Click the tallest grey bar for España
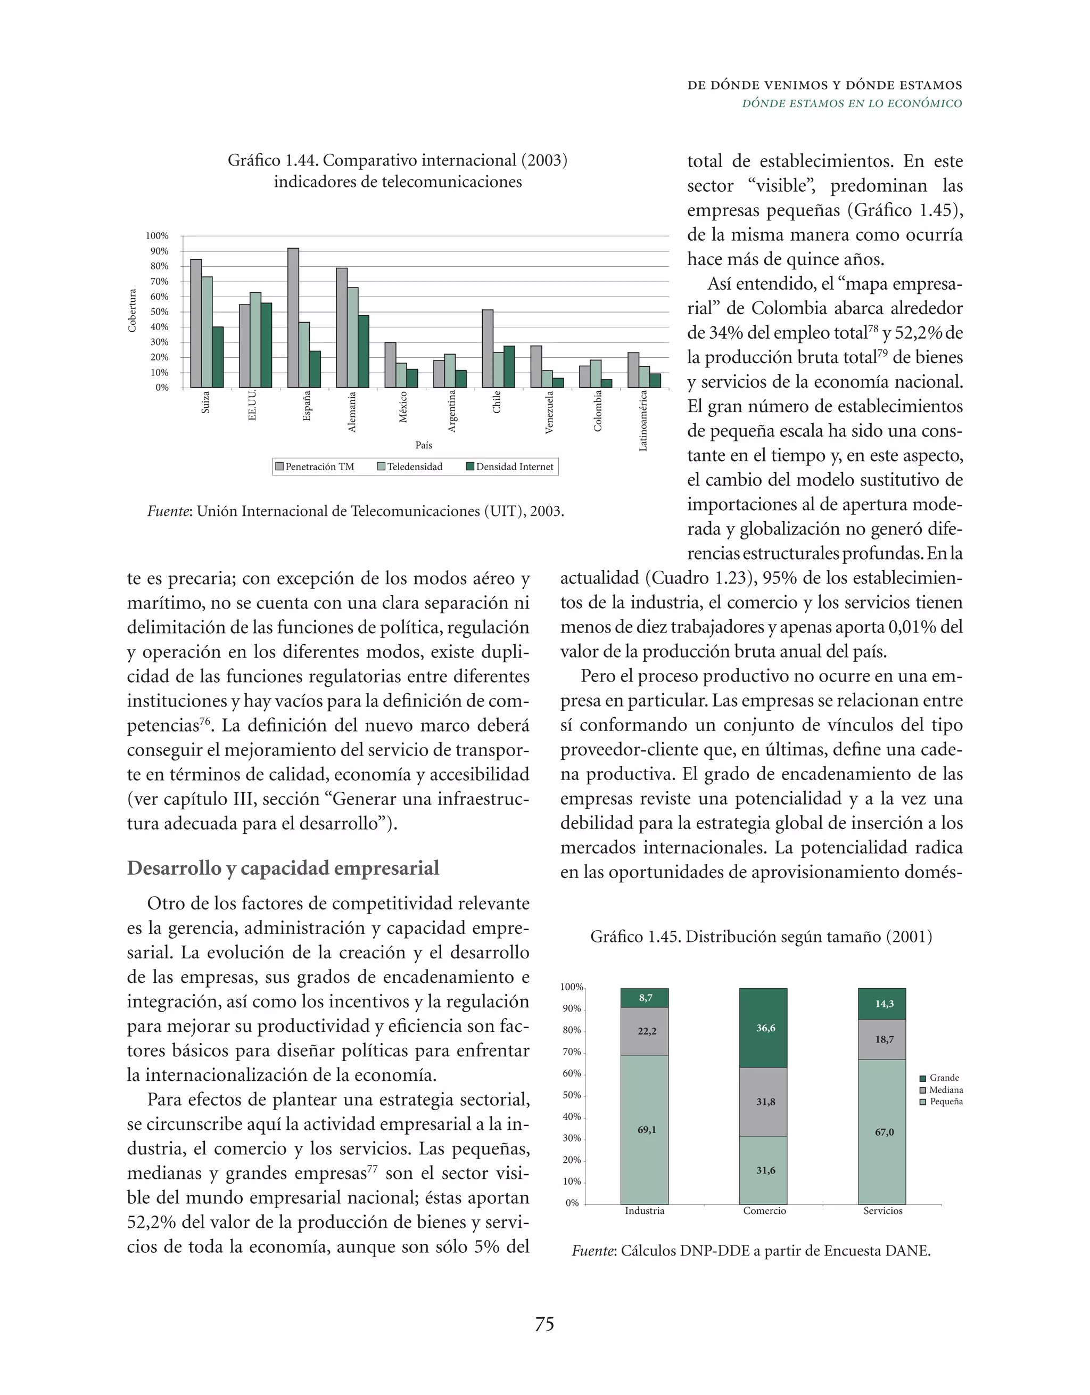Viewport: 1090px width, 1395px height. [293, 317]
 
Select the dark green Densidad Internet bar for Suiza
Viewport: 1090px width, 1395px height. [218, 357]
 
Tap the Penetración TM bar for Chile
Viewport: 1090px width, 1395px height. [487, 349]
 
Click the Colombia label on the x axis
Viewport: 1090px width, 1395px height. [598, 412]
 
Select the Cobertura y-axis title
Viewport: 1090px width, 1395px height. [132, 311]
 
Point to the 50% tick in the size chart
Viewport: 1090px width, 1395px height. [572, 1095]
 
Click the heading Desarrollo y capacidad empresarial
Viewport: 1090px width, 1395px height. [283, 868]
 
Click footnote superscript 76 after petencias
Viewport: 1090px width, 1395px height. [204, 722]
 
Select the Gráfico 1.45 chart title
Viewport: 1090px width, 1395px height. [761, 937]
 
